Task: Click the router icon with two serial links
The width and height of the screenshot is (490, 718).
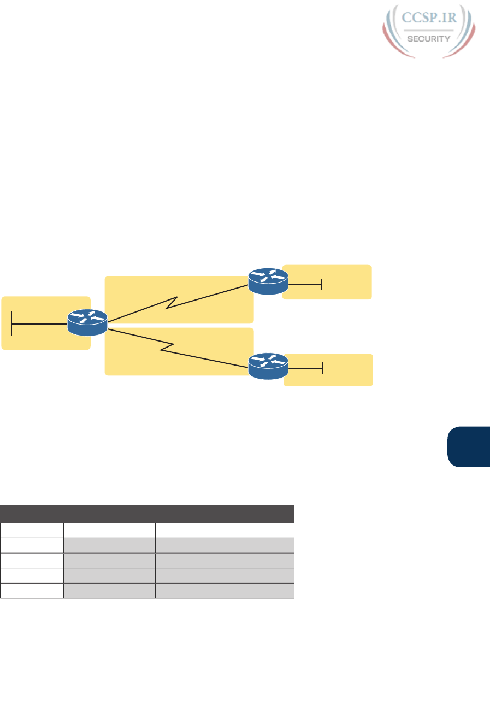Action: point(87,322)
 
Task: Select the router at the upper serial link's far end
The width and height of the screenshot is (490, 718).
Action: point(268,281)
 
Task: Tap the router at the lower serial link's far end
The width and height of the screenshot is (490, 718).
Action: point(268,366)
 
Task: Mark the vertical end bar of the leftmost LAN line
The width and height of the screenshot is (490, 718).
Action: point(11,324)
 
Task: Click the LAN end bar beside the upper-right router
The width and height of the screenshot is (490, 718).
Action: point(322,284)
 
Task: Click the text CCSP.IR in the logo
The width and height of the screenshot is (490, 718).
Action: point(429,17)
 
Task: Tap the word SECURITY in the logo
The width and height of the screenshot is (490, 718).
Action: point(429,38)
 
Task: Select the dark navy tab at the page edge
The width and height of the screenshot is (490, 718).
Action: point(468,447)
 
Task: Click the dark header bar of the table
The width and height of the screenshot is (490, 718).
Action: point(147,514)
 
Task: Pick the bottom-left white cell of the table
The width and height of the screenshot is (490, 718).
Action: point(32,591)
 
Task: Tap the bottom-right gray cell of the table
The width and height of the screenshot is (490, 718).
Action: point(225,591)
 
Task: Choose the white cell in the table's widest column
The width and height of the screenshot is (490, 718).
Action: point(225,530)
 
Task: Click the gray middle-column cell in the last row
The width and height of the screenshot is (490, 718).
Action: point(109,591)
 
